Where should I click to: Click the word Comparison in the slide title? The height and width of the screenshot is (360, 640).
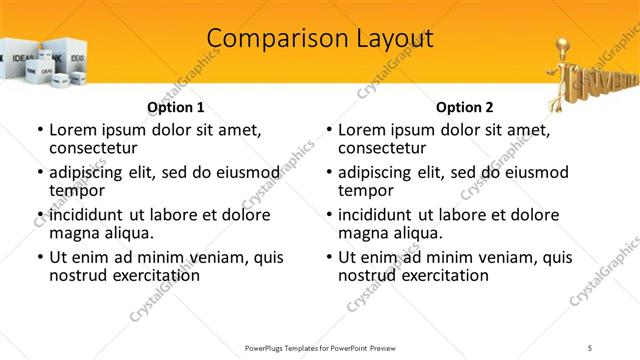[x=267, y=39]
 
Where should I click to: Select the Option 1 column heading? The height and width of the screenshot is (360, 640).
[x=176, y=107]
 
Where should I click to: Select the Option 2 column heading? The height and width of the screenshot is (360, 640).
[x=464, y=107]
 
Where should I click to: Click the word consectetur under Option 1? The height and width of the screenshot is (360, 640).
[x=94, y=147]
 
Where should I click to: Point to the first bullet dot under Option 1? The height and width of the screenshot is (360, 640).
[x=39, y=130]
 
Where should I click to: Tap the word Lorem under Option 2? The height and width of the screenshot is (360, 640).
[x=361, y=129]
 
